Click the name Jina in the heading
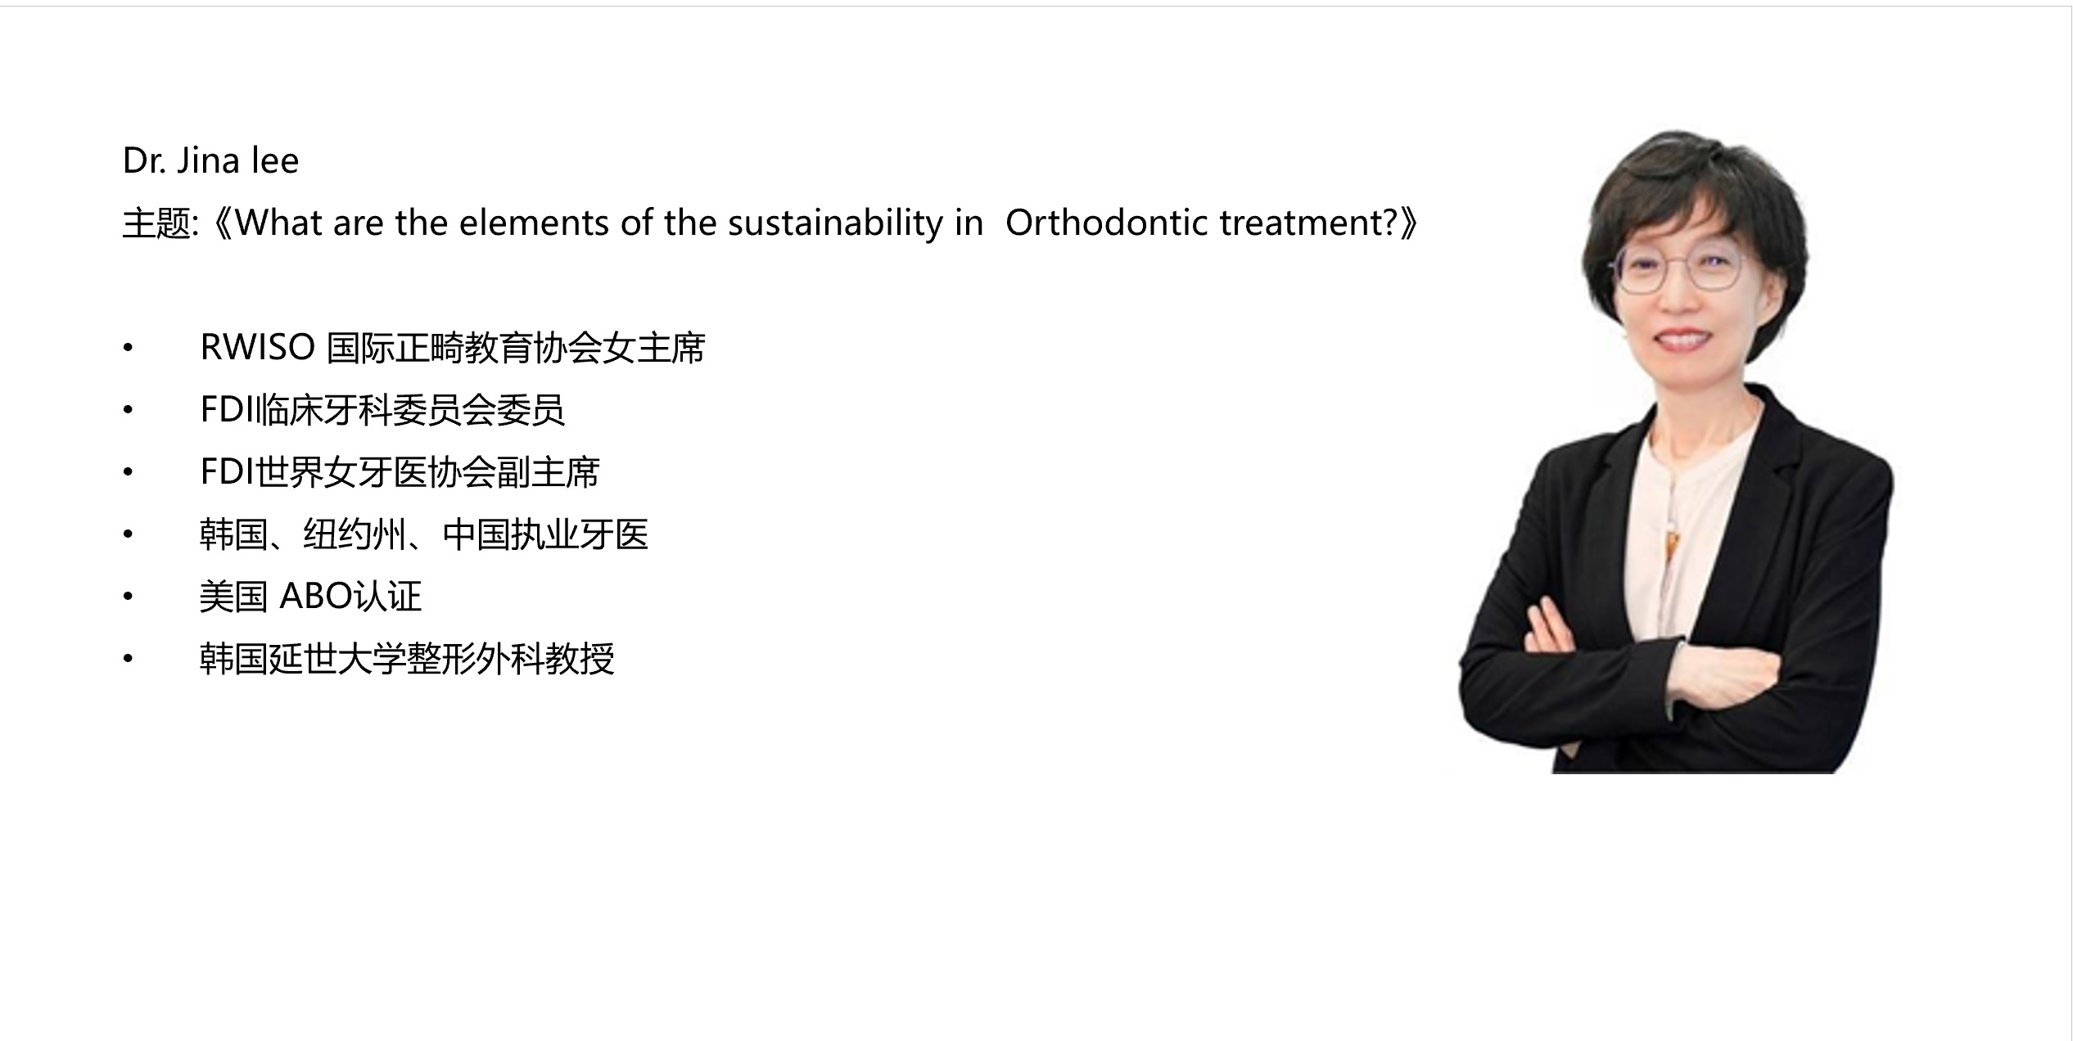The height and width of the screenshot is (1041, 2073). click(x=208, y=160)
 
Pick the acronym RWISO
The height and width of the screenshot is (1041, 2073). click(x=258, y=348)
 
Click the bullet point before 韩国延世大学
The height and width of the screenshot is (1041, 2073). click(x=128, y=658)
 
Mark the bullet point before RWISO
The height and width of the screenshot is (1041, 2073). click(x=128, y=348)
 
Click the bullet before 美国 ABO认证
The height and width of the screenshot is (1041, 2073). click(x=128, y=596)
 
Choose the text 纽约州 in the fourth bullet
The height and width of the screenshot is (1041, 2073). click(x=355, y=534)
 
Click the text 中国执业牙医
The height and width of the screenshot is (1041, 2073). click(x=545, y=534)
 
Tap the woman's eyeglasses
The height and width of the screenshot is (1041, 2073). click(x=1676, y=271)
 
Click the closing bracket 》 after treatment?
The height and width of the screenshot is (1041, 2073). click(x=1410, y=223)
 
